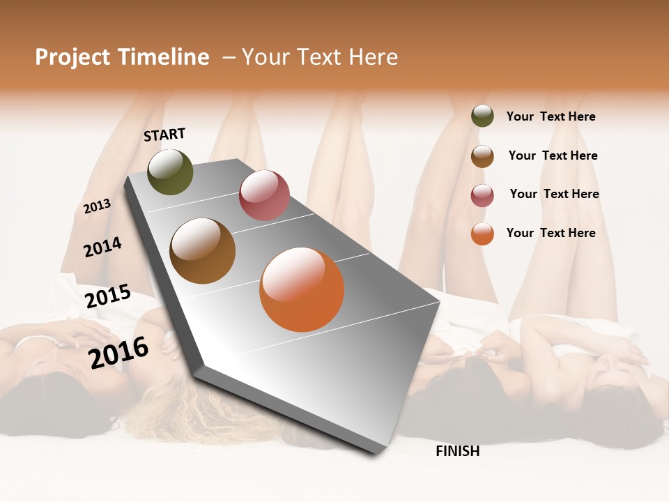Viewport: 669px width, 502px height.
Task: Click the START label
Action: (164, 134)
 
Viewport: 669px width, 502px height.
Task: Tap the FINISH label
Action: (457, 451)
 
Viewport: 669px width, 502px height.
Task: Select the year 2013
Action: (97, 206)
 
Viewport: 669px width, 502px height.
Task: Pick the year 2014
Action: (102, 247)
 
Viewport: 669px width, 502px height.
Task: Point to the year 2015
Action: (107, 296)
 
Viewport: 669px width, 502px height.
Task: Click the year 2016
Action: (118, 352)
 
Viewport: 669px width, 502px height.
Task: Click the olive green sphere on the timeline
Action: (170, 172)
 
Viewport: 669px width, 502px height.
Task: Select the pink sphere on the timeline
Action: (264, 195)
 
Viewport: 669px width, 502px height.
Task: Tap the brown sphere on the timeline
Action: (202, 251)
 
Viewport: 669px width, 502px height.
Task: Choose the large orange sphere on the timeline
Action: (302, 289)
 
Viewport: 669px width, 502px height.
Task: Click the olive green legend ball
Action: (482, 116)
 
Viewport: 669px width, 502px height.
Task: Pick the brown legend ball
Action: (482, 156)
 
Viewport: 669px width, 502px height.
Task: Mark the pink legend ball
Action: (482, 195)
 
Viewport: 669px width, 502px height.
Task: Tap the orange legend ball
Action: (482, 234)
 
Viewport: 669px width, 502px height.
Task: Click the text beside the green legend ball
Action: (551, 116)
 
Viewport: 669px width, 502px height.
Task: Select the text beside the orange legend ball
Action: (551, 233)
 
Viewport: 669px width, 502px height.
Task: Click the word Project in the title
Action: (73, 57)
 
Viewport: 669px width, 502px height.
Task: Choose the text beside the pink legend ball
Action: (554, 194)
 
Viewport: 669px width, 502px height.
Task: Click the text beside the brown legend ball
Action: (553, 155)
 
